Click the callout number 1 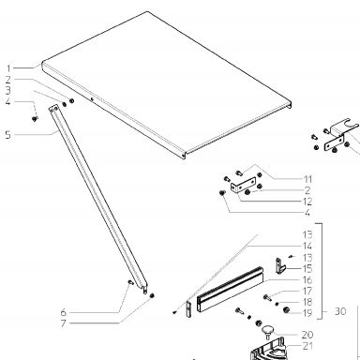coord(8,68)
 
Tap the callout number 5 coord(7,135)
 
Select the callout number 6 coord(64,312)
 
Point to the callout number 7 coord(64,323)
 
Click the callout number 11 coord(307,179)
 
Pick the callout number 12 coord(307,202)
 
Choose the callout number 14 coord(307,246)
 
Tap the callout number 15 coord(307,268)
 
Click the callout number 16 coord(307,279)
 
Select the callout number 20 coord(307,335)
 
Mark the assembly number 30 coord(340,311)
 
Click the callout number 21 coord(307,346)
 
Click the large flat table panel coord(167,82)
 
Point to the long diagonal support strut coord(97,199)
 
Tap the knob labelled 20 coord(267,332)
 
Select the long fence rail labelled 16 coord(230,289)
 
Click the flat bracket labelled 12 coord(243,185)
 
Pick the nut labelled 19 coord(285,310)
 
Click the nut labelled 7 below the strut coord(152,295)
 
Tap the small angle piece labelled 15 coord(280,265)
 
